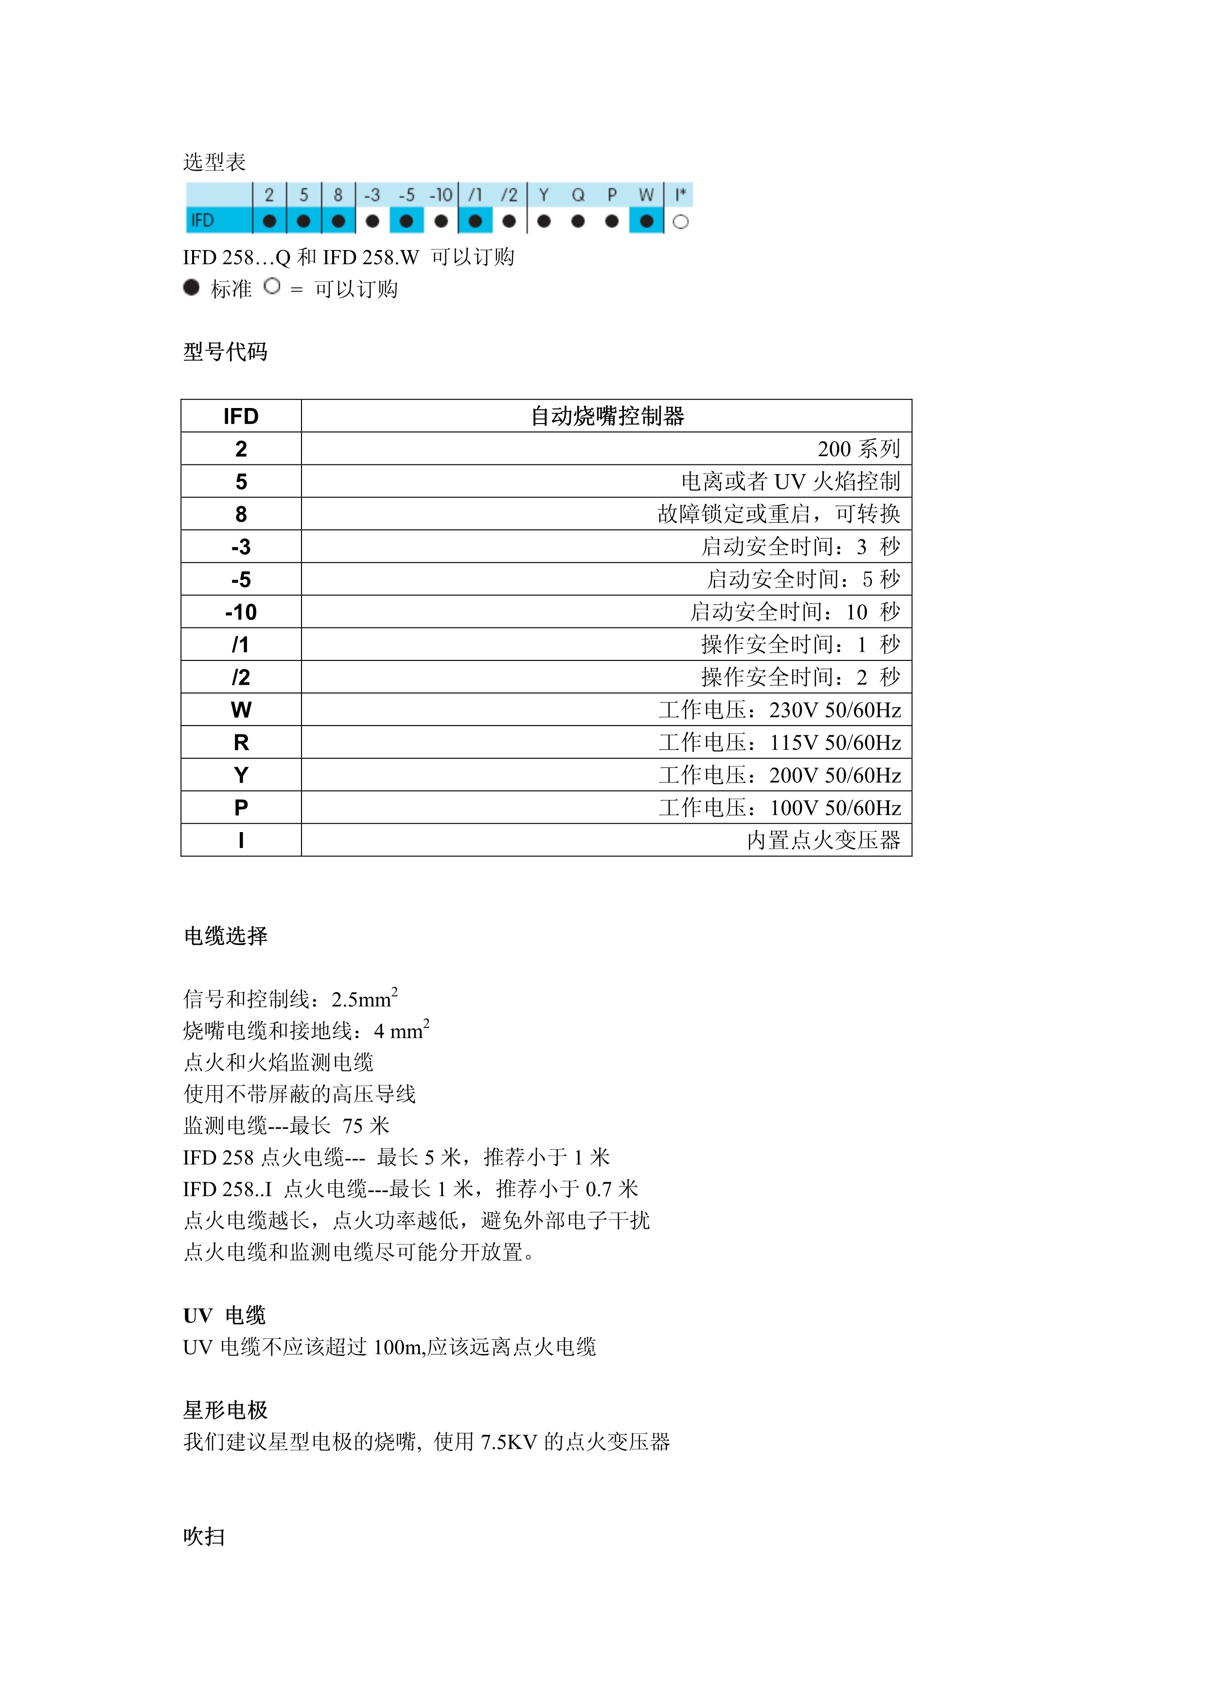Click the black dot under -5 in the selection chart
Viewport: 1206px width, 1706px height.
[x=407, y=221]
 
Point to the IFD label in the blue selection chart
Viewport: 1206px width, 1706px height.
[x=202, y=221]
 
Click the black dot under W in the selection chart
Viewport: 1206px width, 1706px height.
[x=646, y=221]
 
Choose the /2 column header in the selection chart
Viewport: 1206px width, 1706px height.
[x=509, y=195]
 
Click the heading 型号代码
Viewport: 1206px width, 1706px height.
[x=225, y=352]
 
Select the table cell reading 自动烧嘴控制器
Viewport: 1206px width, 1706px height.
[x=607, y=416]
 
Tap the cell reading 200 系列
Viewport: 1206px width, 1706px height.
[x=858, y=449]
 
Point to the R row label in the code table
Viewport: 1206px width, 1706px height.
[x=241, y=742]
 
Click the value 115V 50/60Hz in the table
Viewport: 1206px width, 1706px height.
[x=834, y=742]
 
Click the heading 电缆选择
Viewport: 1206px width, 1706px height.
[x=225, y=936]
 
